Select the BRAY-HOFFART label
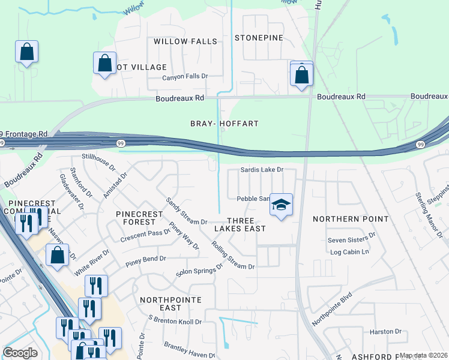[224, 124]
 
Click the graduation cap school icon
[280, 206]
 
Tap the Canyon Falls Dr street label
[185, 77]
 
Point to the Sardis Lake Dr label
[261, 170]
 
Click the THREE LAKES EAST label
[240, 224]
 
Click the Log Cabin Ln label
[349, 252]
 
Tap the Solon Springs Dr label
[199, 271]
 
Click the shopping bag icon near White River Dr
[57, 255]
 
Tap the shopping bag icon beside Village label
[104, 64]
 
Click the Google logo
[20, 353]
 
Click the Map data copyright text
[424, 356]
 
